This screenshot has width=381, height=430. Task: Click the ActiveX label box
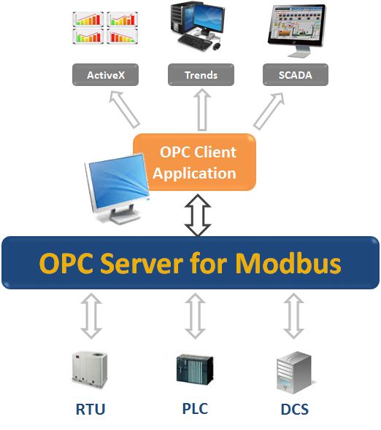click(104, 74)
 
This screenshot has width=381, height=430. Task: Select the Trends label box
click(199, 74)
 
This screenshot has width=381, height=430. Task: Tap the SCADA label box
click(295, 74)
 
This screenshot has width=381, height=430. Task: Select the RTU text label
click(91, 409)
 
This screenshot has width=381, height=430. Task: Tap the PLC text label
click(193, 408)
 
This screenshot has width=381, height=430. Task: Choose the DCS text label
click(294, 409)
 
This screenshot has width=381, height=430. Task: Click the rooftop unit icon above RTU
click(91, 368)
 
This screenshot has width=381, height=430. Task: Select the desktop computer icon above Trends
click(196, 28)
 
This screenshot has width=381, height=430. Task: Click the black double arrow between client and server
click(198, 214)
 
